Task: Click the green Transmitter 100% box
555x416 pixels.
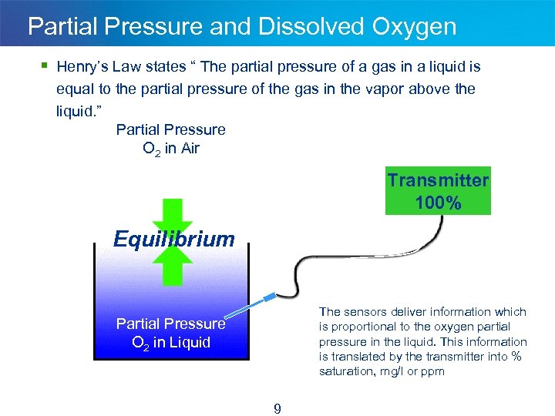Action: point(437,192)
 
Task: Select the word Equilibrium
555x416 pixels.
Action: point(173,239)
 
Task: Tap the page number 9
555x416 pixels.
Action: point(277,409)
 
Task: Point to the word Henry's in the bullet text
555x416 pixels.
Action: point(82,67)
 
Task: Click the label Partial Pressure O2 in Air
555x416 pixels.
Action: point(170,139)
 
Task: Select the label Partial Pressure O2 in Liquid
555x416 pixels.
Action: point(170,333)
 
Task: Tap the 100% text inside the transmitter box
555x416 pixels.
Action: point(438,203)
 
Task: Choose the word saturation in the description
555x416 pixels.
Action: point(345,371)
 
